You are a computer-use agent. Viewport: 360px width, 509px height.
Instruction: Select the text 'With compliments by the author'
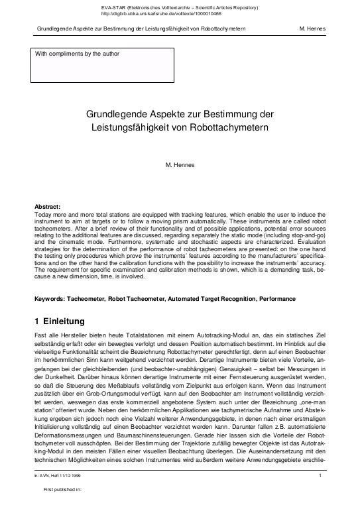[77, 53]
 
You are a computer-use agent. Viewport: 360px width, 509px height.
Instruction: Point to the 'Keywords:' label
[50, 299]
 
